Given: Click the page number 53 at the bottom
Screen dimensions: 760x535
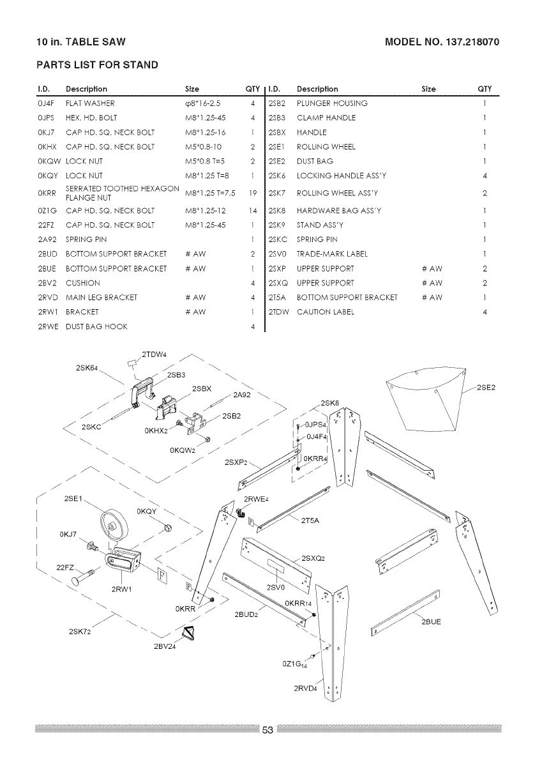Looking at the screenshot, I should click(267, 731).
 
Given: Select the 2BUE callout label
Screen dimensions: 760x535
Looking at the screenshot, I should click(432, 620).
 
